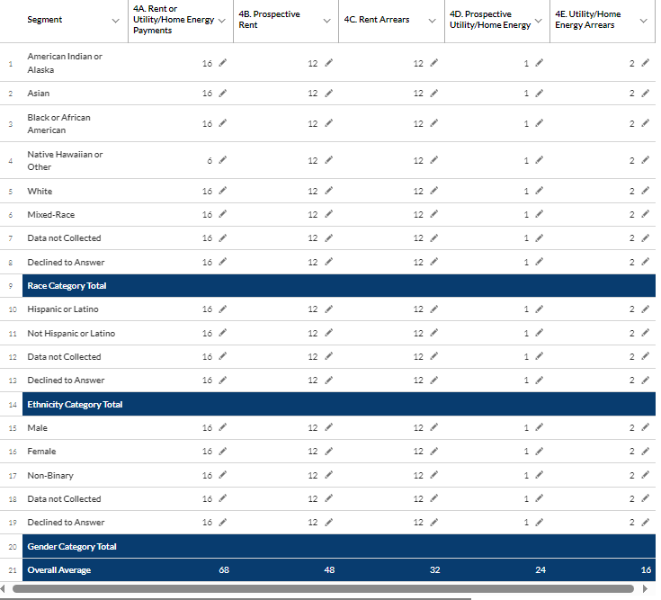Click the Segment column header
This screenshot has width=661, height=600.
(44, 20)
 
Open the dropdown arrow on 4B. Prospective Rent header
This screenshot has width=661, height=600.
(326, 21)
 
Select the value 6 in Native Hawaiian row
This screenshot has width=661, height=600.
(209, 160)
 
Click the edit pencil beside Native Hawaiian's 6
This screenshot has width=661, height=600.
(222, 160)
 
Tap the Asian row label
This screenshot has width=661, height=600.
(39, 94)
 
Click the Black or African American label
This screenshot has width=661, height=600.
(58, 124)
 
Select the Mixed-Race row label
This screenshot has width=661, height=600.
(51, 215)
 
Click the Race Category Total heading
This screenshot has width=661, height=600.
(67, 286)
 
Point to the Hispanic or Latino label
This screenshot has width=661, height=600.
(63, 309)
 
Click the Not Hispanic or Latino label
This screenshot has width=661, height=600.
(71, 334)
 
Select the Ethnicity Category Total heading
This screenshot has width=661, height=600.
(75, 405)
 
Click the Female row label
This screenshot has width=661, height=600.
(41, 452)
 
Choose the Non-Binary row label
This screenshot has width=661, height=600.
(50, 475)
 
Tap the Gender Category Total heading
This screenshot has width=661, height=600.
(72, 547)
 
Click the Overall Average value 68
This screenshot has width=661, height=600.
(223, 570)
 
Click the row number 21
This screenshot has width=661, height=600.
(11, 570)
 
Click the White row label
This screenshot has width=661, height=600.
(40, 192)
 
